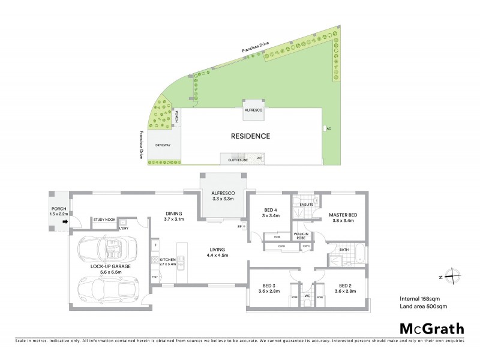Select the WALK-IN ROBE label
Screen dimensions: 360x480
tap(300, 236)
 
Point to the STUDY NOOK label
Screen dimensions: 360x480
tap(103, 220)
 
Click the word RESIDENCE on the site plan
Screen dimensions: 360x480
tap(250, 136)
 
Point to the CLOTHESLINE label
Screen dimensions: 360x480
tap(237, 160)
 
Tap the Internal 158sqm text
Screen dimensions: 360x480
tap(419, 298)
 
